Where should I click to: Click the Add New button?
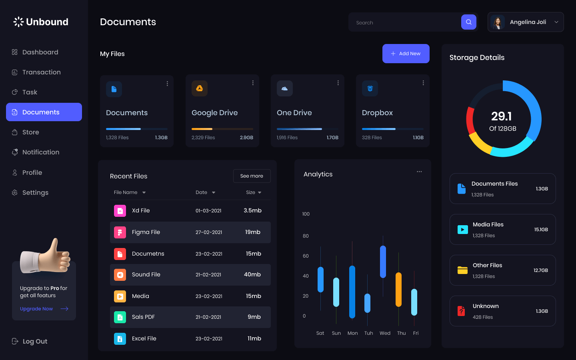[x=406, y=54]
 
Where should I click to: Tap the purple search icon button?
[x=468, y=22]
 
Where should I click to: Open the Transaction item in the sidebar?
[x=41, y=72]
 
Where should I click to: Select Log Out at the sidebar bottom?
[x=34, y=341]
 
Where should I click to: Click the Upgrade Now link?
[x=36, y=309]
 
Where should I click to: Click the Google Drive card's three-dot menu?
[x=253, y=83]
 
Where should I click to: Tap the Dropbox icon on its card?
[x=370, y=88]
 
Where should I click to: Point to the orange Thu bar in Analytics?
[x=398, y=290]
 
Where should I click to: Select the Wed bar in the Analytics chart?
[x=383, y=262]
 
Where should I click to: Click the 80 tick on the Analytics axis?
[x=306, y=236]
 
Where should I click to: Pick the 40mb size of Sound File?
[x=252, y=274]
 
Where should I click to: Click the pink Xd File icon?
[x=120, y=211]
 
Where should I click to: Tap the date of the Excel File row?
[x=209, y=338]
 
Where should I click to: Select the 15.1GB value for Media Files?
[x=541, y=230]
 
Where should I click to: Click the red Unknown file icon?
[x=461, y=311]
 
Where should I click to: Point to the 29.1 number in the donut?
[x=502, y=116]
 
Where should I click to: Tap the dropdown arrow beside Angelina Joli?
[x=556, y=22]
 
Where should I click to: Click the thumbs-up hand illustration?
[x=47, y=257]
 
